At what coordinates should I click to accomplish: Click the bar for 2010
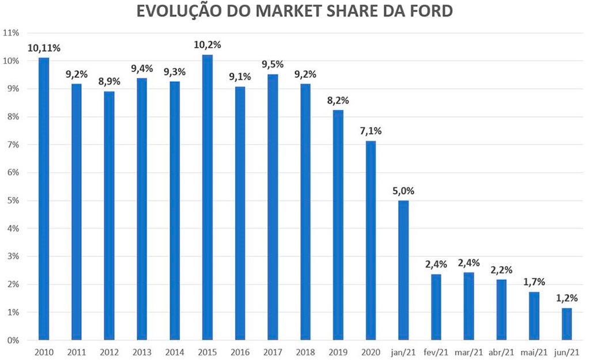click(x=44, y=199)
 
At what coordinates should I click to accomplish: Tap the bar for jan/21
click(x=403, y=270)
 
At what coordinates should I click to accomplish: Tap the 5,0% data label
click(x=403, y=191)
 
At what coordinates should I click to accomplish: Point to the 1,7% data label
click(x=534, y=282)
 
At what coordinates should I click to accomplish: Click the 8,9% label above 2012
click(x=109, y=82)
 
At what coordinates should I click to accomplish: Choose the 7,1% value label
click(x=370, y=131)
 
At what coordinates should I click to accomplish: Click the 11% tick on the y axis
click(x=12, y=33)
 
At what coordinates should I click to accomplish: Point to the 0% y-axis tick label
click(x=13, y=340)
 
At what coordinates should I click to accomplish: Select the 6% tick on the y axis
click(x=13, y=173)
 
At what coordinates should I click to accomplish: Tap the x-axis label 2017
click(x=273, y=351)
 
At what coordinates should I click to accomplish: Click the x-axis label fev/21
click(x=436, y=351)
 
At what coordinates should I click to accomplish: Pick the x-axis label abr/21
click(x=502, y=351)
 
